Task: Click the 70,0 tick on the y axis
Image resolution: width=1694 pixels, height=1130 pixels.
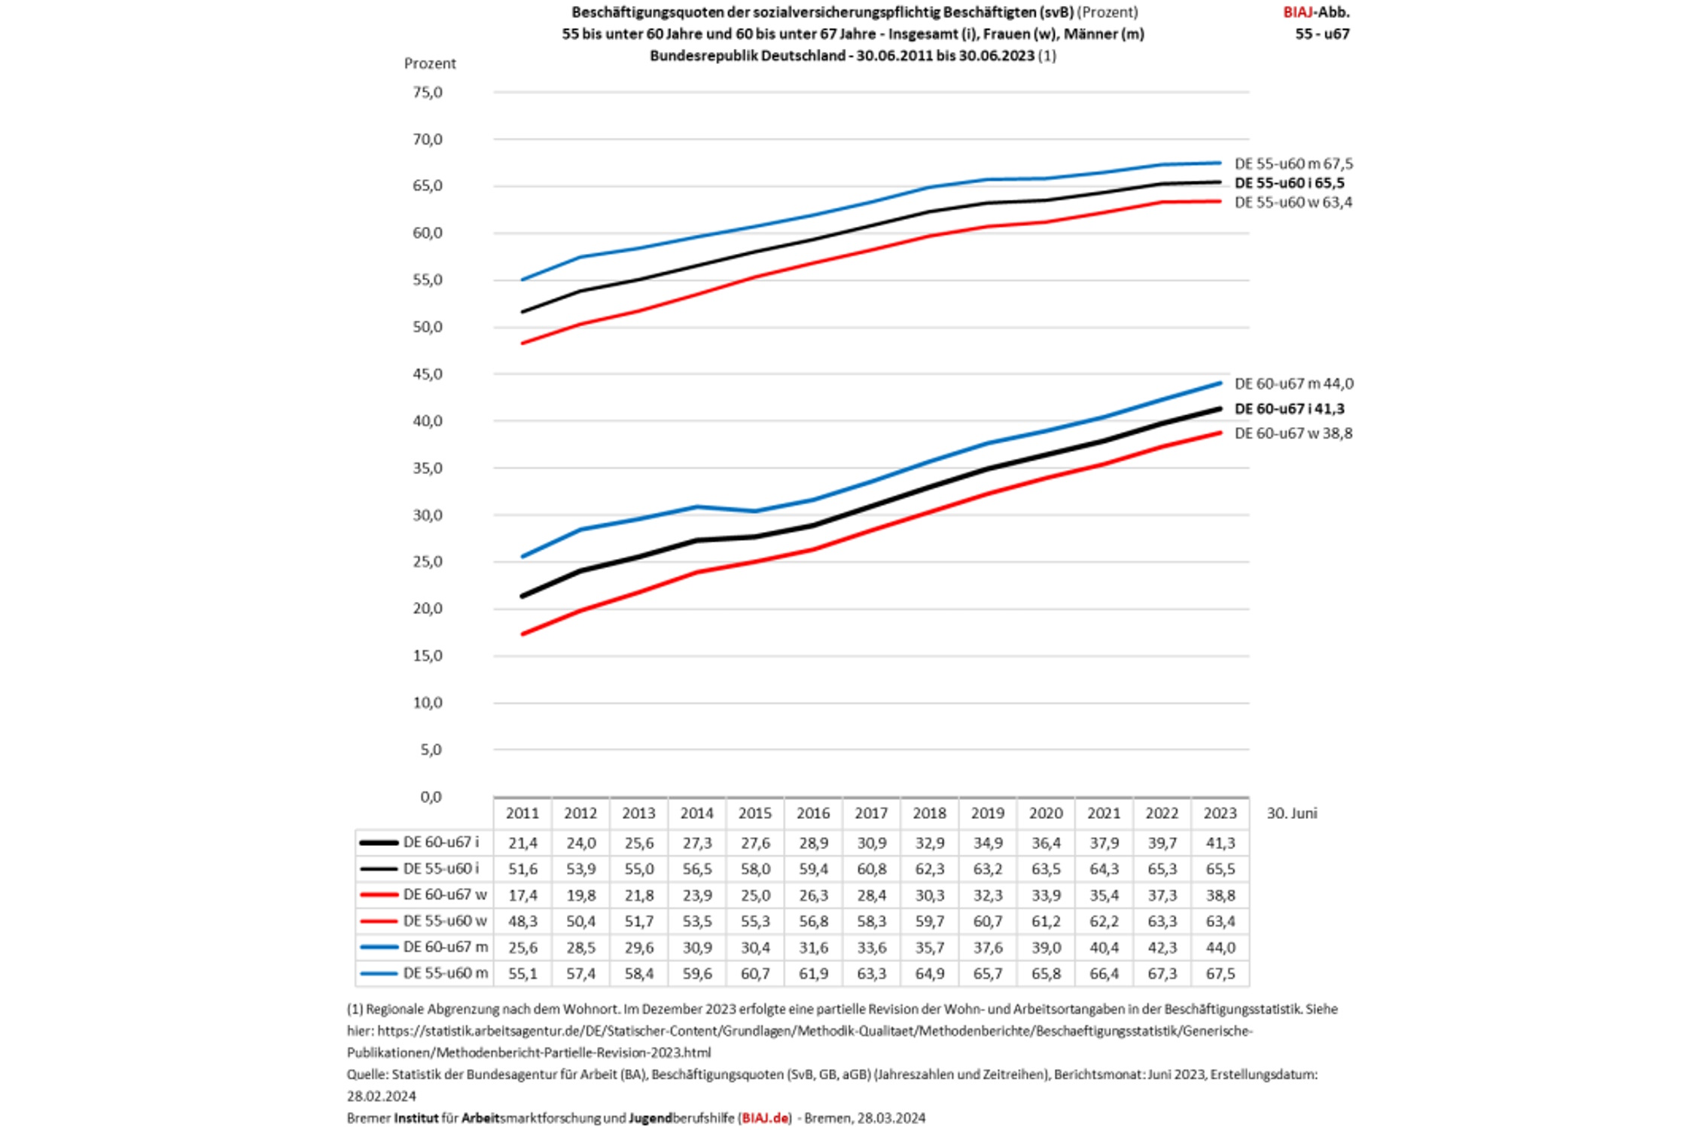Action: pos(427,139)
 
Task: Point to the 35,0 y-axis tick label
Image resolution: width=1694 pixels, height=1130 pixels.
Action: pos(427,469)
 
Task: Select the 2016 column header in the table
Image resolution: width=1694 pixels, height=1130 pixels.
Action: pos(813,814)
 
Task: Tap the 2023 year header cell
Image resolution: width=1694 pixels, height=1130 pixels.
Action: pos(1220,814)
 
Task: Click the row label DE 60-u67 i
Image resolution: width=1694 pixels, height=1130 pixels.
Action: pos(441,842)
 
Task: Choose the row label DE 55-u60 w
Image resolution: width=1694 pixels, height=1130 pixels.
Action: pos(445,921)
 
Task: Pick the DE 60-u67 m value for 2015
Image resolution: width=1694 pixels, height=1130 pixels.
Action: pos(755,947)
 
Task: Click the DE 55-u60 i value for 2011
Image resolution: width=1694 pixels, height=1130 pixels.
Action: pos(523,869)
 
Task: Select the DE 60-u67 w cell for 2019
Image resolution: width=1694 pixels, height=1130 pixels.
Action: pos(988,895)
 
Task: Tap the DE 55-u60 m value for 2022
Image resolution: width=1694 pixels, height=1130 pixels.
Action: pos(1162,973)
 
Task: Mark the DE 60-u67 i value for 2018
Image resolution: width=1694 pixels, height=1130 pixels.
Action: pos(929,842)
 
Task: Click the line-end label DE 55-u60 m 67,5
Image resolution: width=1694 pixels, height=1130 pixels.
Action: pos(1293,163)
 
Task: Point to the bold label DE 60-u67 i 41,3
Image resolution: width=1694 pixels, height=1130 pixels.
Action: pos(1289,409)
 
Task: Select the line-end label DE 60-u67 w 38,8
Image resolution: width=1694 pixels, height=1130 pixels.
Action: pos(1293,433)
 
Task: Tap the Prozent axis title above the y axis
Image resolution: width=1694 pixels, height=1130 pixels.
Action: pos(430,63)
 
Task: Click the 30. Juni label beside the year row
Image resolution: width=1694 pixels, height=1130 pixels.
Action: pos(1292,814)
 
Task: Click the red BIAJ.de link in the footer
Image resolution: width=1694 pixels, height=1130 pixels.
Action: pos(765,1118)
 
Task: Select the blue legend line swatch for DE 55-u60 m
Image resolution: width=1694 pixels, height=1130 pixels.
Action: pos(379,973)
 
